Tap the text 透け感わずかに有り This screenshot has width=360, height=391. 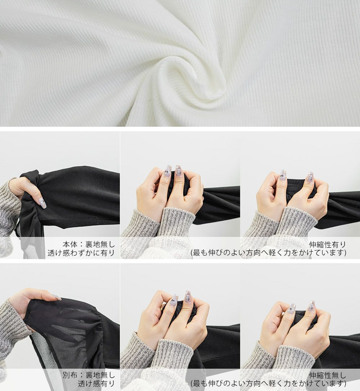[81, 253]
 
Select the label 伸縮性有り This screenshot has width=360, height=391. [327, 244]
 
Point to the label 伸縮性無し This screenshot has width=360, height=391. [327, 375]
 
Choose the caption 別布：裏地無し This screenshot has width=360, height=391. [89, 375]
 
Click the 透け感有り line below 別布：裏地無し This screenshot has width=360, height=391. [96, 384]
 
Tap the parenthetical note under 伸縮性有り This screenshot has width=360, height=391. [269, 253]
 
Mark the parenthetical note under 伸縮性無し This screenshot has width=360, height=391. [269, 384]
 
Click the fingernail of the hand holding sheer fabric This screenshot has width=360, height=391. [57, 297]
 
